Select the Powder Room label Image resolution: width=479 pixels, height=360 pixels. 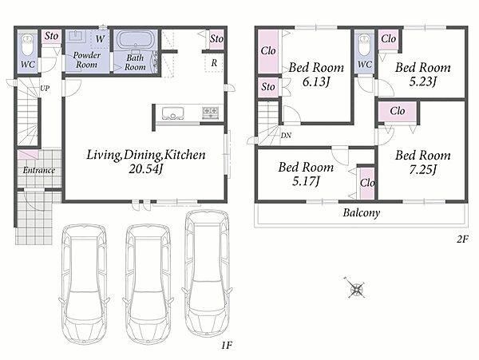(87, 60)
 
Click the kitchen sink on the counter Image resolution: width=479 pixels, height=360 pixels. (173, 113)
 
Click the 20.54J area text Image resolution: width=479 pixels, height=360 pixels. (146, 169)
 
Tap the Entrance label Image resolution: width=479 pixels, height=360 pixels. (39, 170)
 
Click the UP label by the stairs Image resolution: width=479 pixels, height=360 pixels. (45, 89)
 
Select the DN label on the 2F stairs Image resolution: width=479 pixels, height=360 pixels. (286, 135)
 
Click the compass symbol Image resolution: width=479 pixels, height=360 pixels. (356, 288)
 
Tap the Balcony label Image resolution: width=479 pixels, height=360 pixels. (362, 212)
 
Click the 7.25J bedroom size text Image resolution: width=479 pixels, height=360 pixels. (423, 170)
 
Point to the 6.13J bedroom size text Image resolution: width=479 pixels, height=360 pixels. (316, 81)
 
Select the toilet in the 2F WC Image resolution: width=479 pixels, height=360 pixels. (365, 45)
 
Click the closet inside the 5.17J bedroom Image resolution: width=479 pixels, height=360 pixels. (367, 183)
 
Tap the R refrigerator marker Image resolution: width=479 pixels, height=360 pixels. (214, 63)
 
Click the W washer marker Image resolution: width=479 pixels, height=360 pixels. (101, 39)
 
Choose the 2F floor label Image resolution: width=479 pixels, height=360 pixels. (462, 239)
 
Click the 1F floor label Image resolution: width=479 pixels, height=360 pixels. (227, 346)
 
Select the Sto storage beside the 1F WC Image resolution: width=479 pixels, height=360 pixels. (51, 37)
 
